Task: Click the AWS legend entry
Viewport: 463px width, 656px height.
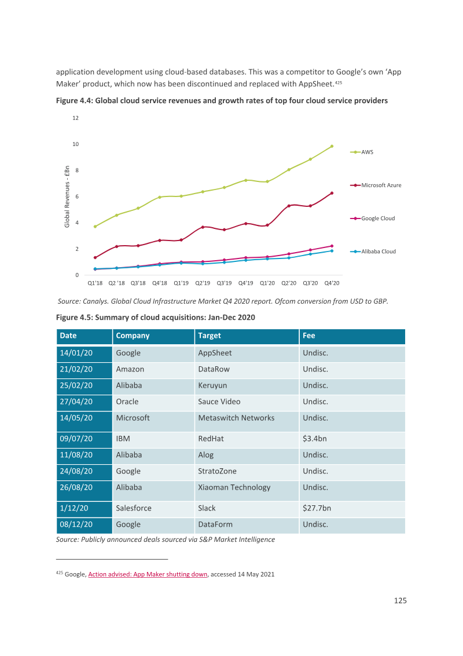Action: coord(362,152)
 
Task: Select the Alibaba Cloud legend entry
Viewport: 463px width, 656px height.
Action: coord(373,252)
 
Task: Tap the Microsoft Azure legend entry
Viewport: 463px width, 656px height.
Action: coord(376,185)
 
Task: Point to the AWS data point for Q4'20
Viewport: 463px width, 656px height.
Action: coord(332,147)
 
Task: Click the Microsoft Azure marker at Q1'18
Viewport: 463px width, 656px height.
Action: coord(95,258)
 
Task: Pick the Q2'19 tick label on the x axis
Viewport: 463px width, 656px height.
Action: coord(203,283)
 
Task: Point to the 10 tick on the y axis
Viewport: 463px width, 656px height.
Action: coord(76,144)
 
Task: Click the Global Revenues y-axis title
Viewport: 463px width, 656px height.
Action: coord(67,196)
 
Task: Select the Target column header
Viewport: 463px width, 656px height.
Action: coord(210,336)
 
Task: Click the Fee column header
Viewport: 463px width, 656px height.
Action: coord(309,336)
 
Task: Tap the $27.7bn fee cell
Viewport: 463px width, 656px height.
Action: coord(317,508)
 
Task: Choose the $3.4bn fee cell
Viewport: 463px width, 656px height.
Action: coord(315,439)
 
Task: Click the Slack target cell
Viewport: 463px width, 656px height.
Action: coord(207,508)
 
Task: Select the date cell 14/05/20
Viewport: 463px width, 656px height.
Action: coord(76,418)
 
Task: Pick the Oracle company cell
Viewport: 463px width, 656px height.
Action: coord(127,402)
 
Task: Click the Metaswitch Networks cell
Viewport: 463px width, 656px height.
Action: coord(236,418)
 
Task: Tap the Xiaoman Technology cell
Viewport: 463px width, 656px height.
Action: coord(234,487)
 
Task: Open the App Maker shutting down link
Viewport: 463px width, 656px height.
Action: coord(148,574)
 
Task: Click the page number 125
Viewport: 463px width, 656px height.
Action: coord(400,601)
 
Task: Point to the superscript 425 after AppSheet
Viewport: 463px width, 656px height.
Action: coord(339,82)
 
